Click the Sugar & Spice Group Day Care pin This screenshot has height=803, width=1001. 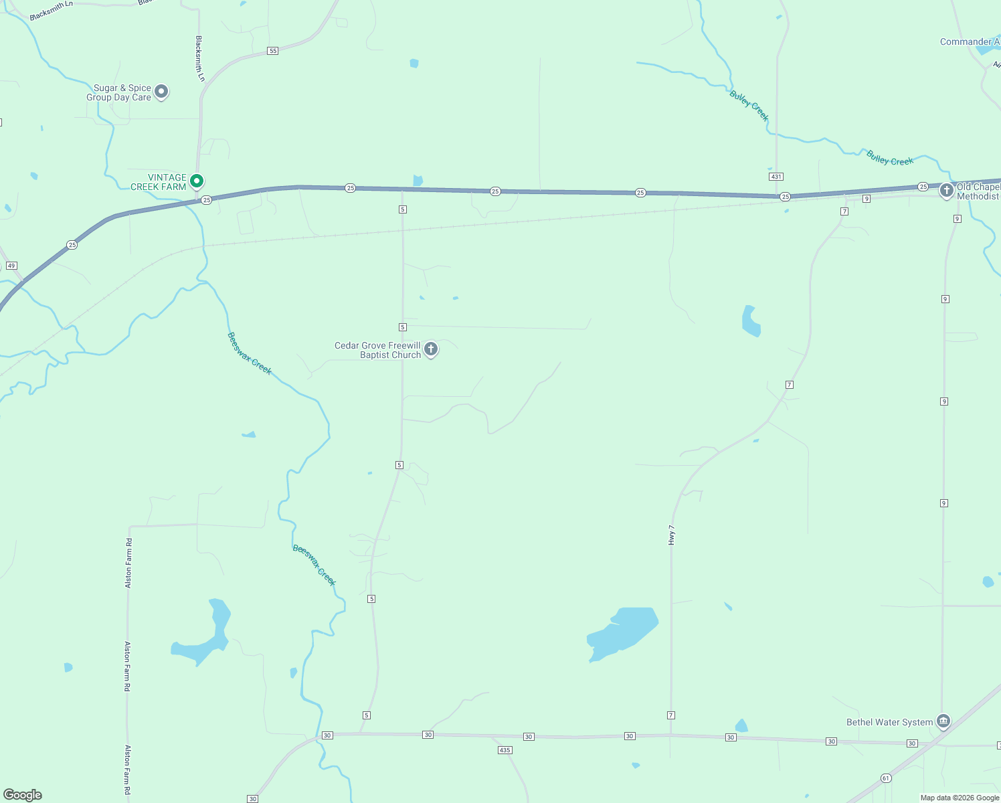pyautogui.click(x=161, y=92)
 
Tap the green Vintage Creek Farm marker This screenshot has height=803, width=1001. pyautogui.click(x=197, y=181)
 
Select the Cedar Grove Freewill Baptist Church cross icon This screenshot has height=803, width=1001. pyautogui.click(x=431, y=349)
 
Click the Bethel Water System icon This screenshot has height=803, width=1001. pyautogui.click(x=943, y=721)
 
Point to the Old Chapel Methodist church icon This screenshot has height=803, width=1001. pyautogui.click(x=946, y=191)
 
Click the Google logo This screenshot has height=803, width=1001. pyautogui.click(x=23, y=794)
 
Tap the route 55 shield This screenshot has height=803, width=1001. pyautogui.click(x=272, y=51)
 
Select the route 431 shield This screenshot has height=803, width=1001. pyautogui.click(x=776, y=177)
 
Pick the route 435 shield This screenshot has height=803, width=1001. pyautogui.click(x=505, y=750)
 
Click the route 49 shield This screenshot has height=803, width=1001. pyautogui.click(x=11, y=266)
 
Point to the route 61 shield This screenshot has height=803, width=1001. pyautogui.click(x=886, y=778)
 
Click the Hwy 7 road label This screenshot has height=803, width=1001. pyautogui.click(x=672, y=535)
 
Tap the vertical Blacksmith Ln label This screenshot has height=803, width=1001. pyautogui.click(x=199, y=58)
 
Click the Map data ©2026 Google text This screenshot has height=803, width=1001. pyautogui.click(x=960, y=798)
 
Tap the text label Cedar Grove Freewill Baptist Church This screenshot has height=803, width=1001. pyautogui.click(x=377, y=350)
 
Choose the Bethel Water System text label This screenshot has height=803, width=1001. pyautogui.click(x=889, y=722)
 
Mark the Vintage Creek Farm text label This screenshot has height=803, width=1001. pyautogui.click(x=159, y=182)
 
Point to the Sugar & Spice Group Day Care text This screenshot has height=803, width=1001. pyautogui.click(x=119, y=92)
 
